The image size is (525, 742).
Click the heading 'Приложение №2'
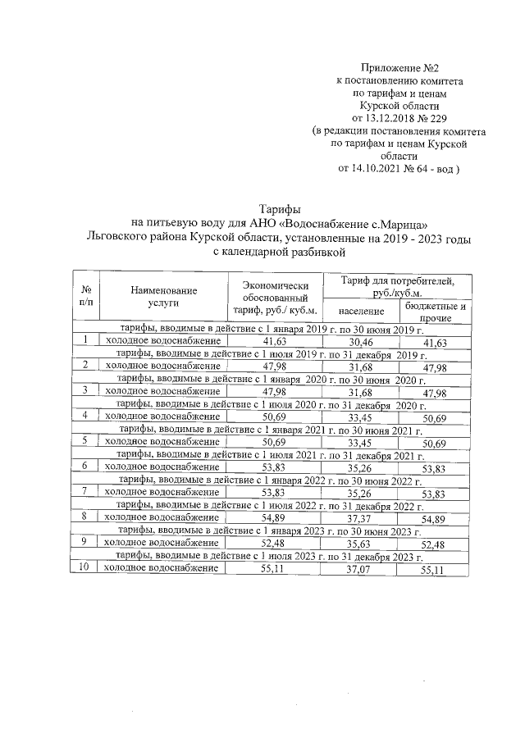coord(400,67)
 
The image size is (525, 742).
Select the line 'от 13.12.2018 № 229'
coord(400,118)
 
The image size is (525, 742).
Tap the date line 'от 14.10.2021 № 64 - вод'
coord(400,169)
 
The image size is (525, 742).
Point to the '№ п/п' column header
coord(85,296)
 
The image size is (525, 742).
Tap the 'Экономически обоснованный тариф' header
coord(274,296)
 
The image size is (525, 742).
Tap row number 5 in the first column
coord(84,441)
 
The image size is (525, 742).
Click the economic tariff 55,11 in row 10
coord(272,571)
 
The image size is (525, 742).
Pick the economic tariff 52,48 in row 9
coord(272,545)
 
